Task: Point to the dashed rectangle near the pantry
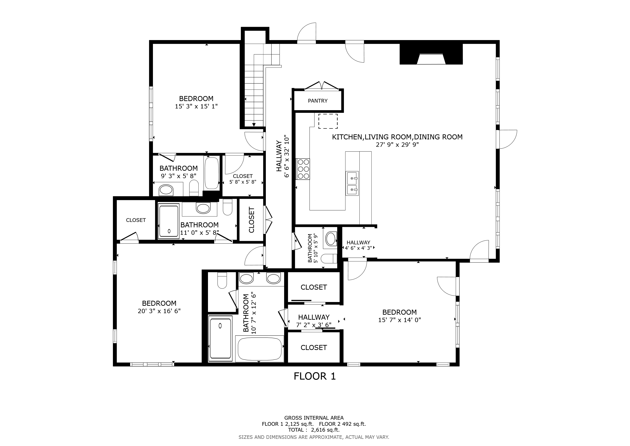click(328, 121)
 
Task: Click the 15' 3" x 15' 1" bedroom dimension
click(196, 106)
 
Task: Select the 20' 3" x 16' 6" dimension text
click(159, 311)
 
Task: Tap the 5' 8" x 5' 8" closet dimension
click(243, 182)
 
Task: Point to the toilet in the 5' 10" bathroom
click(329, 258)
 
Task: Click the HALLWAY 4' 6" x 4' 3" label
click(358, 245)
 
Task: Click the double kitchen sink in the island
click(352, 183)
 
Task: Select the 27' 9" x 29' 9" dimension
click(397, 145)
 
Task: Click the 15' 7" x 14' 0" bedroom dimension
click(399, 320)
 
